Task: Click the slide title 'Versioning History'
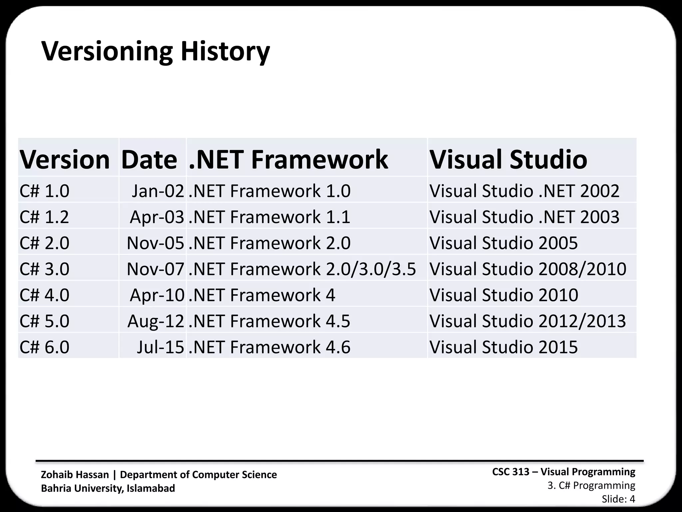point(156,52)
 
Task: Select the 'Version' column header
point(65,159)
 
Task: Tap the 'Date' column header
point(149,159)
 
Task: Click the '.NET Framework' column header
point(288,159)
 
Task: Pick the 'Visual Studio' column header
point(508,159)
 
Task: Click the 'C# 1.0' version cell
point(44,191)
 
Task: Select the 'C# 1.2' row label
point(44,217)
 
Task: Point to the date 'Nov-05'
point(155,243)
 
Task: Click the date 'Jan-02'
point(158,191)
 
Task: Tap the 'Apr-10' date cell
point(157,295)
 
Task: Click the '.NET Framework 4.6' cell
point(269,347)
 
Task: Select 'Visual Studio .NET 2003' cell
point(524,217)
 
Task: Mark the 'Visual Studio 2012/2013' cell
point(527,321)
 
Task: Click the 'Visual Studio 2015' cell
point(504,347)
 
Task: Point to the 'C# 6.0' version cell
point(44,347)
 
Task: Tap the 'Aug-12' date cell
point(156,321)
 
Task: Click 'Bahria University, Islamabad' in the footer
point(108,488)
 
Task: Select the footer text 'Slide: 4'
point(618,499)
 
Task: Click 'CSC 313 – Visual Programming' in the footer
point(563,472)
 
